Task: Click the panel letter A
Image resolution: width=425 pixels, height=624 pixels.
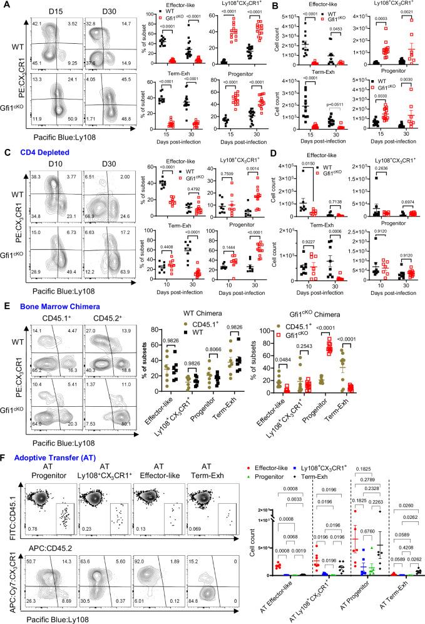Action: tap(5, 5)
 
